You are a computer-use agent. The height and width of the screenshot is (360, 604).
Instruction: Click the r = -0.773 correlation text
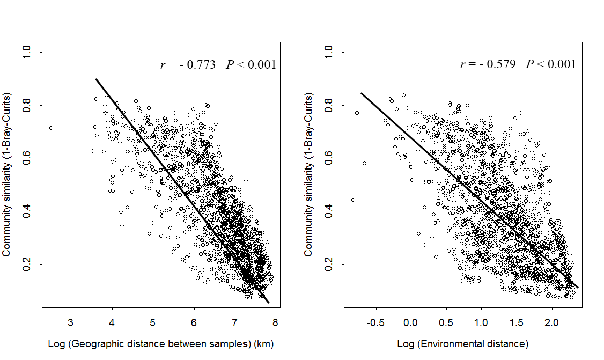[188, 65]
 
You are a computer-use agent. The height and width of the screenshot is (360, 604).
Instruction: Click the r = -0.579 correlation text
[488, 64]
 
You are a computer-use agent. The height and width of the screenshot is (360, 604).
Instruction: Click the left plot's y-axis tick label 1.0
[26, 52]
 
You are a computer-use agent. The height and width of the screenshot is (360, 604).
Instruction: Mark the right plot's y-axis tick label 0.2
[328, 264]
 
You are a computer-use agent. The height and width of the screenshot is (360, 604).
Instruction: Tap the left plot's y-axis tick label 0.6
[26, 158]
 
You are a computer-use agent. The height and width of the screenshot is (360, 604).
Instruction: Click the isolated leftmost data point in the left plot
[51, 128]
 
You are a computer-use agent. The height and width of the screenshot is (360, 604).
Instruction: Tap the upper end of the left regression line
[96, 79]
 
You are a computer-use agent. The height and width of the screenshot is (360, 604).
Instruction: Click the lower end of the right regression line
[578, 288]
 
